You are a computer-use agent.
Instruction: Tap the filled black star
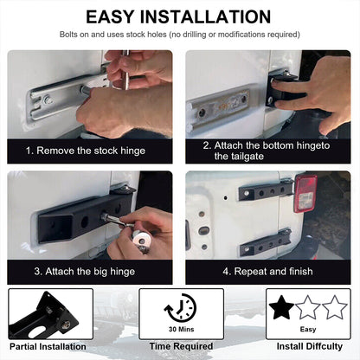pos(281,307)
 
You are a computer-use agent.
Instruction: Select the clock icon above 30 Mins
pos(181,308)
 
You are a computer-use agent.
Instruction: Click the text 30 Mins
pos(182,329)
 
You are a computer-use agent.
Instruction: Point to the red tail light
pos(305,194)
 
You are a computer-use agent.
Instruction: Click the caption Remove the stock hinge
pos(86,151)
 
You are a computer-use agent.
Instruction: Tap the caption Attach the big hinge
pos(85,272)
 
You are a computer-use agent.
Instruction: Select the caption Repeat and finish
pos(267,272)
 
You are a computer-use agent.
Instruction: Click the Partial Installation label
pos(48,346)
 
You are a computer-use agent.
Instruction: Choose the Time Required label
pos(181,346)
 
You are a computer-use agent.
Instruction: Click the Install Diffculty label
pos(309,346)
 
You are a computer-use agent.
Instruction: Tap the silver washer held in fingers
pos(141,239)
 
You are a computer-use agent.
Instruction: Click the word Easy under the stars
pos(308,330)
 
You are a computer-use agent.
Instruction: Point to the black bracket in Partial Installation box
pos(43,318)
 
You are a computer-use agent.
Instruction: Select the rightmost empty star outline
pos(335,307)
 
